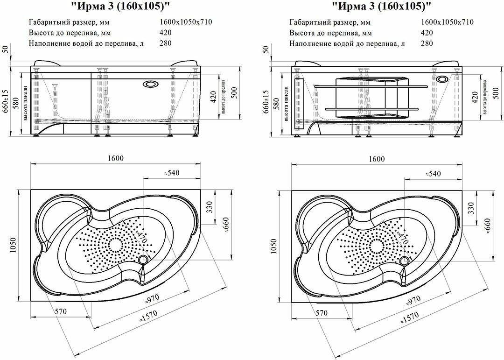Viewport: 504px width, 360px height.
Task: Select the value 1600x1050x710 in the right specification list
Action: (x=448, y=22)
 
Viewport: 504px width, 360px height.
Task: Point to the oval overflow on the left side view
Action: (x=150, y=84)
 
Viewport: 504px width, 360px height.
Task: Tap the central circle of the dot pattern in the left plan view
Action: (x=115, y=244)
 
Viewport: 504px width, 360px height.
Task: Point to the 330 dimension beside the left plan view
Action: (x=209, y=206)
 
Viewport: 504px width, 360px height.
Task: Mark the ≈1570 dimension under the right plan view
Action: (x=409, y=319)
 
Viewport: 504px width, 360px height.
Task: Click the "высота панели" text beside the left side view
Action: (x=28, y=103)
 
